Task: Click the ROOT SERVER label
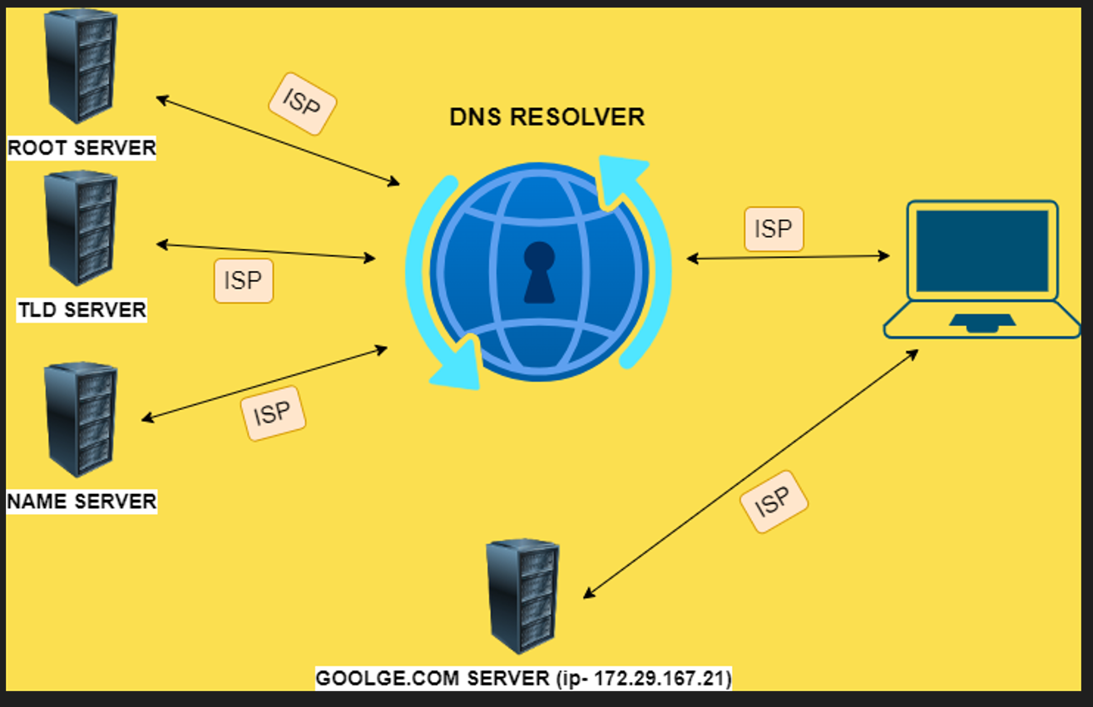coord(82,148)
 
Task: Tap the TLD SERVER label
coord(82,310)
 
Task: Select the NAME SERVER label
coord(82,502)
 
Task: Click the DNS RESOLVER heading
coord(546,117)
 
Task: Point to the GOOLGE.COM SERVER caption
coord(523,678)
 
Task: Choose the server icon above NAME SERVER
coord(81,418)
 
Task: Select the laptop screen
coord(982,250)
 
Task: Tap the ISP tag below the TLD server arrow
coord(243,280)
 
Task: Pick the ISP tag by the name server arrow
coord(273,413)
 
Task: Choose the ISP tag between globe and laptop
coord(774,229)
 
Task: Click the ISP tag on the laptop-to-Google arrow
coord(774,501)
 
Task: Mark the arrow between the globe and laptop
coord(788,258)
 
